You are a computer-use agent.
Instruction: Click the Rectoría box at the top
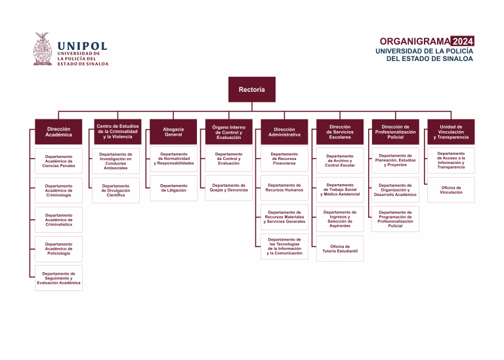(252, 89)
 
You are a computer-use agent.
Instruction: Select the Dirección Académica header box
(59, 132)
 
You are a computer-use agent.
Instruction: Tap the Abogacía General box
(173, 132)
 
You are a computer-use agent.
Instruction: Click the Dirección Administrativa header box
(284, 132)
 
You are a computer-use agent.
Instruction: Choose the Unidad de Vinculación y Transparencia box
(451, 132)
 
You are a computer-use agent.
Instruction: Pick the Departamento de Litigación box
(173, 188)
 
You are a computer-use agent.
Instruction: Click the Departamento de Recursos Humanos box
(284, 188)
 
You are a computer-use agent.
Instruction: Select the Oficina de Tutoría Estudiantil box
(340, 249)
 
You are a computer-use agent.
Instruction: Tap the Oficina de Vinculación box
(451, 190)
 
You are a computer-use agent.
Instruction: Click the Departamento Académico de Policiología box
(59, 249)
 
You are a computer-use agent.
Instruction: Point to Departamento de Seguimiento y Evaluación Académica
(59, 279)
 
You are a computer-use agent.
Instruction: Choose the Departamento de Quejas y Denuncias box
(228, 188)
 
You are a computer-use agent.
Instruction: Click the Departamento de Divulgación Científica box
(116, 190)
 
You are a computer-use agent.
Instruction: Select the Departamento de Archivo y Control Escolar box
(340, 161)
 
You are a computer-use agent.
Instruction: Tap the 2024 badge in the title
(463, 41)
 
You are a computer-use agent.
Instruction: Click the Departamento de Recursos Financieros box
(284, 160)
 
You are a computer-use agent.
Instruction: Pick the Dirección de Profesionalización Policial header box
(395, 132)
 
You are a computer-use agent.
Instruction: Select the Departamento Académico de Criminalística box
(59, 220)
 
